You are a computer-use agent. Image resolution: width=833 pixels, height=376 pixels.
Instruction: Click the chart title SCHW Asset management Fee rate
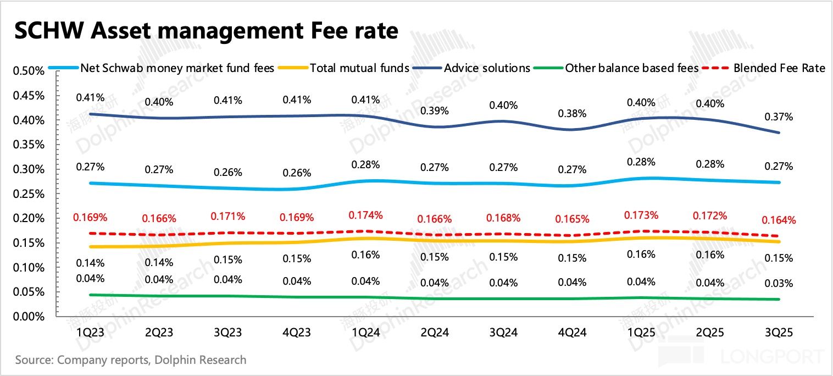pyautogui.click(x=206, y=31)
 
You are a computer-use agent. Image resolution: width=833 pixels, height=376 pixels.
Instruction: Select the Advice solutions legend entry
pyautogui.click(x=487, y=68)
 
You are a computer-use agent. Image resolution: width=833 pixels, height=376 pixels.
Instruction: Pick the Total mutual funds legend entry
pyautogui.click(x=359, y=68)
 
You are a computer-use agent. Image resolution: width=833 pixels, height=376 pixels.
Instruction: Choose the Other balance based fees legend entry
pyautogui.click(x=632, y=68)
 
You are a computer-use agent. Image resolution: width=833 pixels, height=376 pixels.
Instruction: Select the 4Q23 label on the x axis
pyautogui.click(x=297, y=333)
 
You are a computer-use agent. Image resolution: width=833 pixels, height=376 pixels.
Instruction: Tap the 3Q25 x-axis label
pyautogui.click(x=779, y=333)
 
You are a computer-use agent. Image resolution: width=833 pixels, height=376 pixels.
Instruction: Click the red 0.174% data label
pyautogui.click(x=366, y=214)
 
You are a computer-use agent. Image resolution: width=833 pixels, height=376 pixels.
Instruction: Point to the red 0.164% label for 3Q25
pyautogui.click(x=779, y=220)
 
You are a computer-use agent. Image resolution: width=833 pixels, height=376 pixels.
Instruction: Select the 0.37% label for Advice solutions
pyautogui.click(x=779, y=117)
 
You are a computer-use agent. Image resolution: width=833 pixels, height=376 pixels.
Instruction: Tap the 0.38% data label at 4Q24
pyautogui.click(x=571, y=114)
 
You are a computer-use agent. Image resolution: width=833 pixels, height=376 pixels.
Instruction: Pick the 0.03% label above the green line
pyautogui.click(x=779, y=284)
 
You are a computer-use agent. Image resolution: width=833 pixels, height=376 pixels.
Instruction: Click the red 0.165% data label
pyautogui.click(x=571, y=219)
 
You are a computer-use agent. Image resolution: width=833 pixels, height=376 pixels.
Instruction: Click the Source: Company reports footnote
pyautogui.click(x=131, y=361)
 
